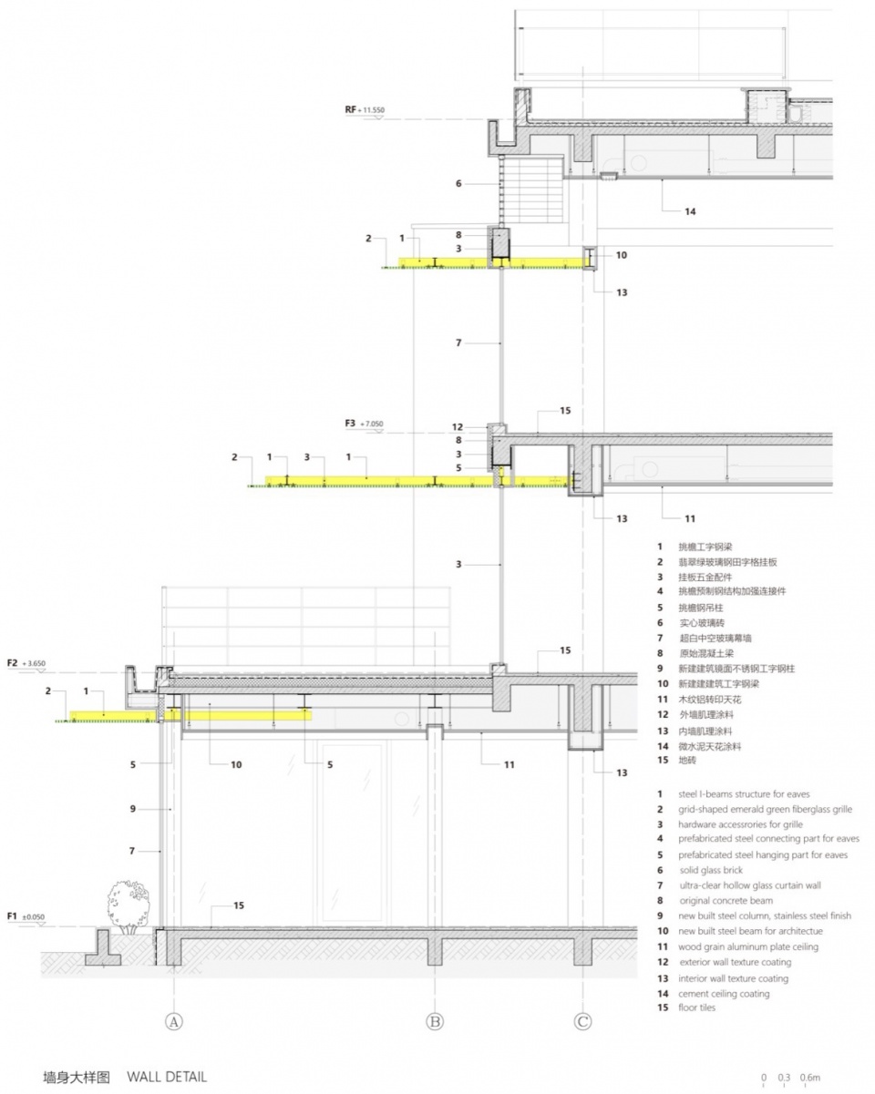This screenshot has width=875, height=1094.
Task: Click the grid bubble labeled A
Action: (174, 1021)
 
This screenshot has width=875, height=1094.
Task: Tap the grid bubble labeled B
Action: (435, 1021)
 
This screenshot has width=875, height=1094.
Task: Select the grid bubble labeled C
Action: (582, 1021)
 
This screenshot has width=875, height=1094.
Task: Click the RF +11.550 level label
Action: (365, 109)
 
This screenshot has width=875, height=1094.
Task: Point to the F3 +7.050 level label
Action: (364, 423)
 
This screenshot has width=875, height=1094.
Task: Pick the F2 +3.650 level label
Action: (26, 663)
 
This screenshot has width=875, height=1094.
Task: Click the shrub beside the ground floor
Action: (129, 907)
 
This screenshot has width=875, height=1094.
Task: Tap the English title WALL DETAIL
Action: (167, 1073)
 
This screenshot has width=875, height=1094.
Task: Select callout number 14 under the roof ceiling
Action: (690, 211)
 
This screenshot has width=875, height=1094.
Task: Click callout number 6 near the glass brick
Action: (458, 183)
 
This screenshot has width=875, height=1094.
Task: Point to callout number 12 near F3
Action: (458, 427)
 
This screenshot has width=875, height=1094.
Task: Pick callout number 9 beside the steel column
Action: (133, 808)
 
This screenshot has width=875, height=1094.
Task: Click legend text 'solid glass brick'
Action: (711, 870)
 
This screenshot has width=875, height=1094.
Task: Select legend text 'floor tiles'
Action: (696, 1007)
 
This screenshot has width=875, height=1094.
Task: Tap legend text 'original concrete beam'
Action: (726, 900)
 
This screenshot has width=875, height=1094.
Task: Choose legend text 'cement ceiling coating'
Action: (724, 993)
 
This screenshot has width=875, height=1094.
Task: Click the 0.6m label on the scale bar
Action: (810, 1077)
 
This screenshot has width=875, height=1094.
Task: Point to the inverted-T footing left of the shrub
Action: (103, 947)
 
